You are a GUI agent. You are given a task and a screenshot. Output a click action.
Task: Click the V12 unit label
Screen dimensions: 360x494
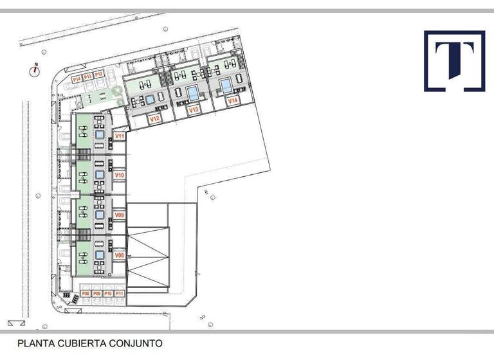(x=154, y=119)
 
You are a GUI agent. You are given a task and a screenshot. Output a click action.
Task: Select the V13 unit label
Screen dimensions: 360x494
(x=194, y=110)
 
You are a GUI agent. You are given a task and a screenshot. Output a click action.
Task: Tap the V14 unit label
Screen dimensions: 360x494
(x=233, y=101)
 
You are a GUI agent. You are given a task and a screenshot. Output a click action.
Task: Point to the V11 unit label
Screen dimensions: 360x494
(x=119, y=136)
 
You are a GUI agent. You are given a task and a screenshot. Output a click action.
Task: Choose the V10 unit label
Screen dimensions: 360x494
(x=119, y=175)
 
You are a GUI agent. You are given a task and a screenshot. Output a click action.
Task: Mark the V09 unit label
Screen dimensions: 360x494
(x=119, y=215)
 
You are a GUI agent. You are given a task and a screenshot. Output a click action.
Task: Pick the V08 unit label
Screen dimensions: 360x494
(x=119, y=255)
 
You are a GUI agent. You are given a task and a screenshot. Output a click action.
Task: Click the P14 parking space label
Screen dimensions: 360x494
(x=77, y=77)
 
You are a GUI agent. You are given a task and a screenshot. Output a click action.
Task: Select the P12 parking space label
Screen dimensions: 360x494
(x=99, y=75)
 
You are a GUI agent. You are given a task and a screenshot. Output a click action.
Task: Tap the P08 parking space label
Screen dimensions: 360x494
(x=86, y=294)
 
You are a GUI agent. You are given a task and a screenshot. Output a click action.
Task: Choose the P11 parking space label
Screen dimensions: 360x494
(x=118, y=294)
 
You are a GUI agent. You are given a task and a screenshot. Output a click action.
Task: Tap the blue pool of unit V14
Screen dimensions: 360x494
(x=226, y=85)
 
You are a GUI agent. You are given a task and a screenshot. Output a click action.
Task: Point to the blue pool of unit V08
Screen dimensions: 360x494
(x=100, y=255)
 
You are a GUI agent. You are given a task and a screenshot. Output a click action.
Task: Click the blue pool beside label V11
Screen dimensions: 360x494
(x=100, y=135)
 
